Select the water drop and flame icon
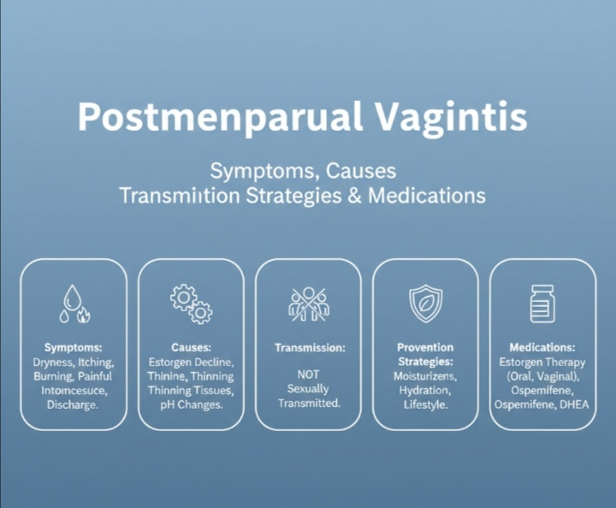[x=73, y=304]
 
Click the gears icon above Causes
[x=191, y=304]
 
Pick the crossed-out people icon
[x=309, y=304]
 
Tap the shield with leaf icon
[x=425, y=304]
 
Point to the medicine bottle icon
[x=542, y=304]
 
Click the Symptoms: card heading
[x=73, y=348]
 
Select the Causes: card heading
[x=191, y=348]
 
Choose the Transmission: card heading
[x=309, y=348]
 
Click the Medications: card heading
[x=542, y=348]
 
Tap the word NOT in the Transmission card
[x=309, y=375]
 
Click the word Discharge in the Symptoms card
[x=73, y=405]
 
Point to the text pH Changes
[x=191, y=405]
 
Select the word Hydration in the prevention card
[x=425, y=390]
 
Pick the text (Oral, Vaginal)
[x=542, y=376]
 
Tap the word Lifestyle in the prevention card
[x=425, y=405]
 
